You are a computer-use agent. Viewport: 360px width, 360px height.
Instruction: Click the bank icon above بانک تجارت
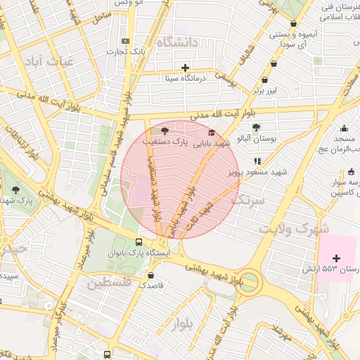pyautogui.click(x=126, y=41)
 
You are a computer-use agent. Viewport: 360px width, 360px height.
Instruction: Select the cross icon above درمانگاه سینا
pyautogui.click(x=185, y=68)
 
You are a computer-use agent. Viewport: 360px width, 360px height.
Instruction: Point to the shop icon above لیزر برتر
pyautogui.click(x=264, y=81)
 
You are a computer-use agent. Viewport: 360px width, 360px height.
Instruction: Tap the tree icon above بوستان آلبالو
pyautogui.click(x=255, y=128)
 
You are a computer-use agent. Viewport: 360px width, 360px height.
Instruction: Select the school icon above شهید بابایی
pyautogui.click(x=211, y=132)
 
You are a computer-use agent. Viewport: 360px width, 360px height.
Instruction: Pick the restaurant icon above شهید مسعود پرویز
pyautogui.click(x=258, y=161)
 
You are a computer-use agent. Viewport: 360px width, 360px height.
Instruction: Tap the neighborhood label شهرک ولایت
pyautogui.click(x=293, y=229)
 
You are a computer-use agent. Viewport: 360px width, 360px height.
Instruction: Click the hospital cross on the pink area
pyautogui.click(x=337, y=258)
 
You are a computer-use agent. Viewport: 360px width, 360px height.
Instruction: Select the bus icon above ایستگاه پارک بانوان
pyautogui.click(x=148, y=242)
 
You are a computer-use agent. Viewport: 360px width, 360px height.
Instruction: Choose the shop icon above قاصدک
pyautogui.click(x=150, y=274)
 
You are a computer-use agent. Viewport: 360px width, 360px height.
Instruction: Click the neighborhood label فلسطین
pyautogui.click(x=110, y=284)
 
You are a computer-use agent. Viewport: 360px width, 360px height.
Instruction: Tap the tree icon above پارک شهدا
pyautogui.click(x=15, y=190)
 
